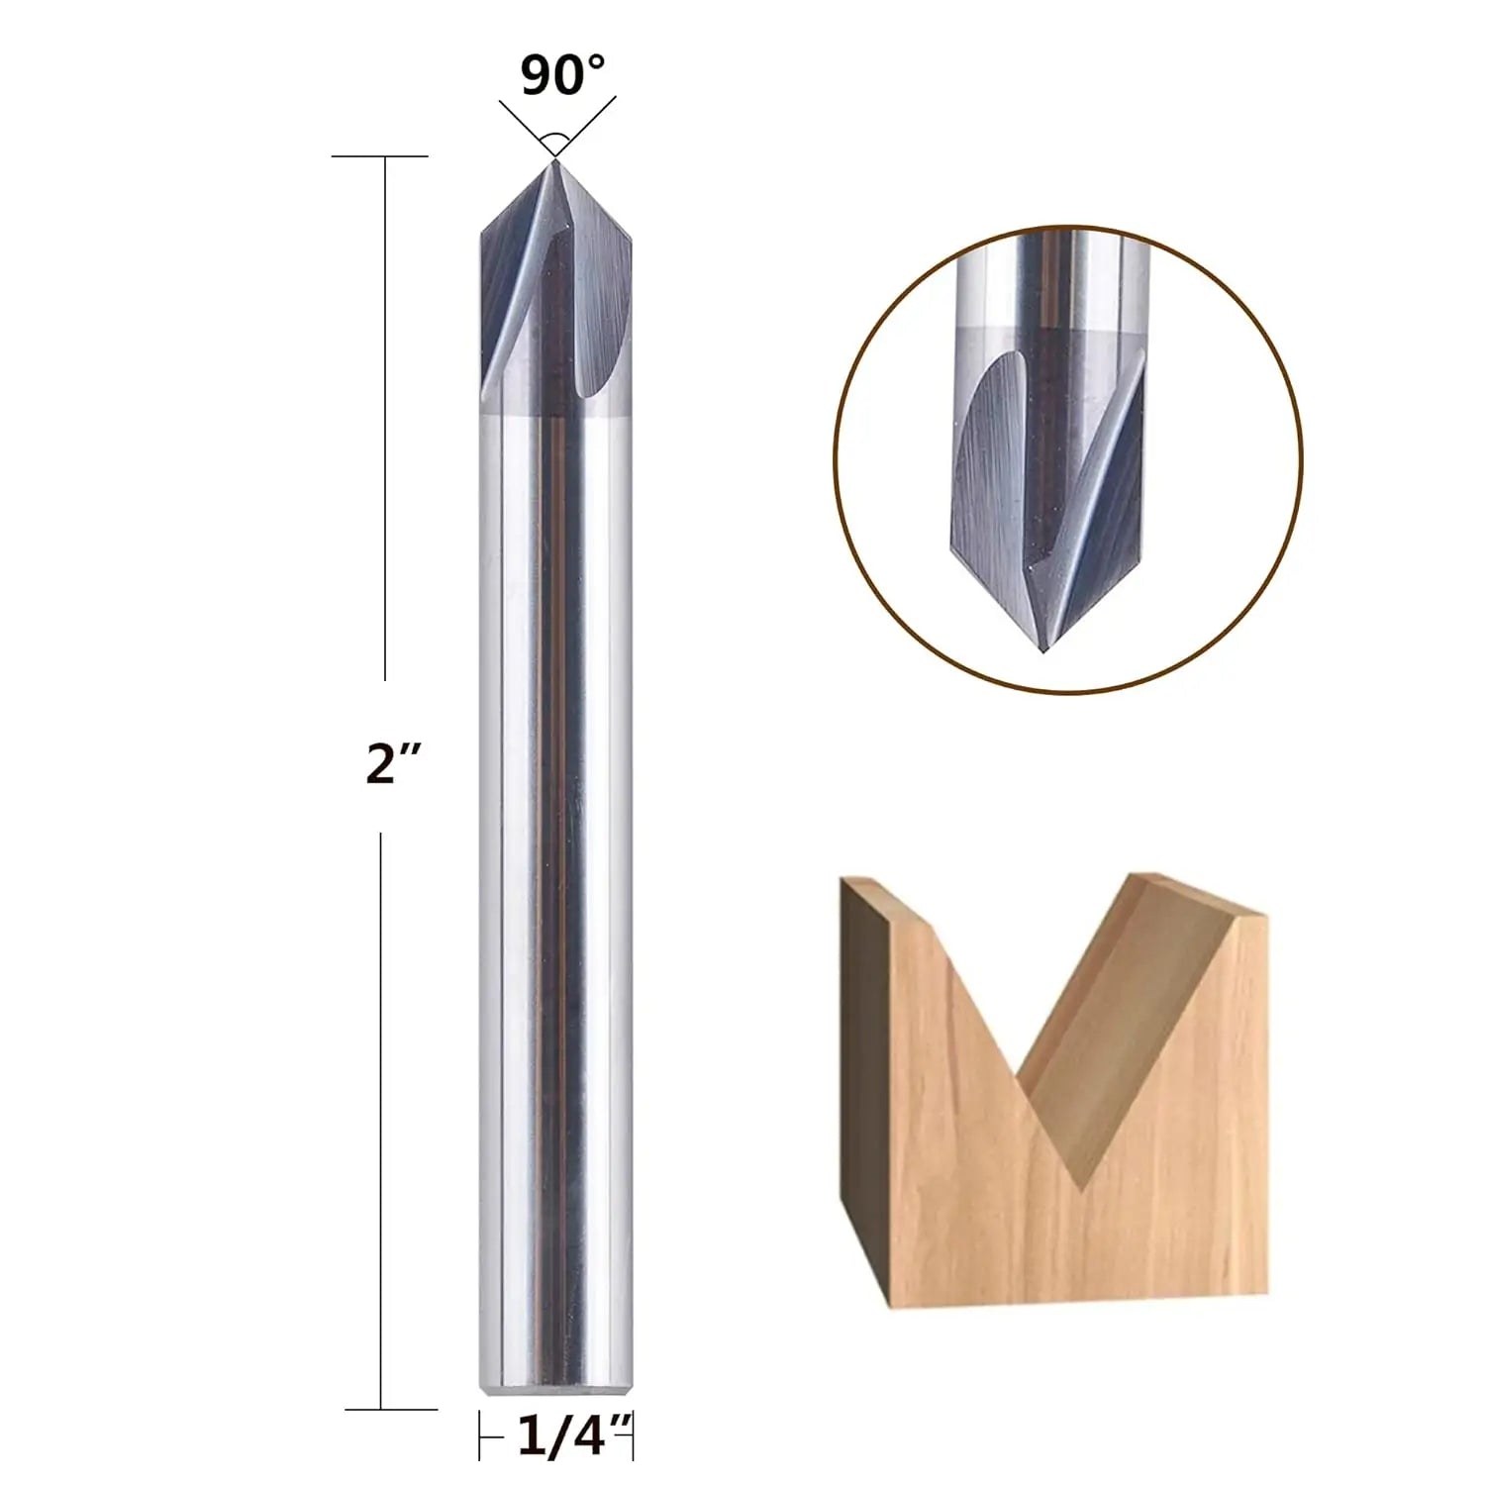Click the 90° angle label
point(561,75)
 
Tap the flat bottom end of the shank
point(555,1394)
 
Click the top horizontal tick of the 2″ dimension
point(379,156)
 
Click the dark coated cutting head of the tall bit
point(554,297)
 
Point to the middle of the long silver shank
point(555,891)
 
